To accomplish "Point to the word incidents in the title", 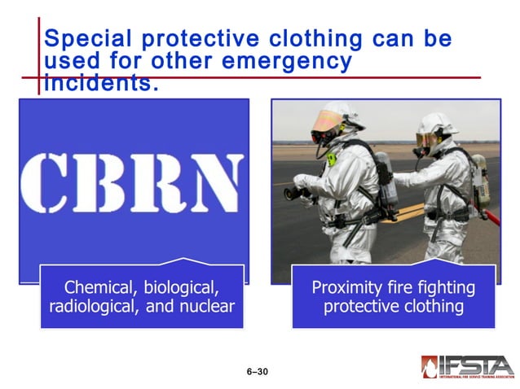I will click(99, 82).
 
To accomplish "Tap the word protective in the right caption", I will click(358, 307).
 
